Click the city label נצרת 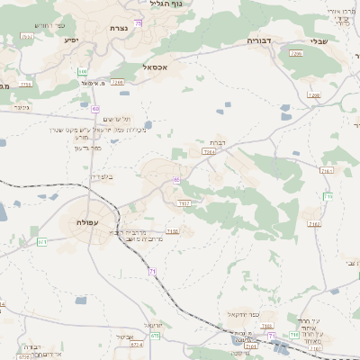click(x=118, y=30)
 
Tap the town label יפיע click(x=71, y=40)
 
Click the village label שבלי click(x=318, y=40)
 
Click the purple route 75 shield click(x=138, y=22)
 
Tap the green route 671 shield click(x=41, y=241)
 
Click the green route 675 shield click(x=155, y=335)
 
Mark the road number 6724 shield click(x=135, y=343)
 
